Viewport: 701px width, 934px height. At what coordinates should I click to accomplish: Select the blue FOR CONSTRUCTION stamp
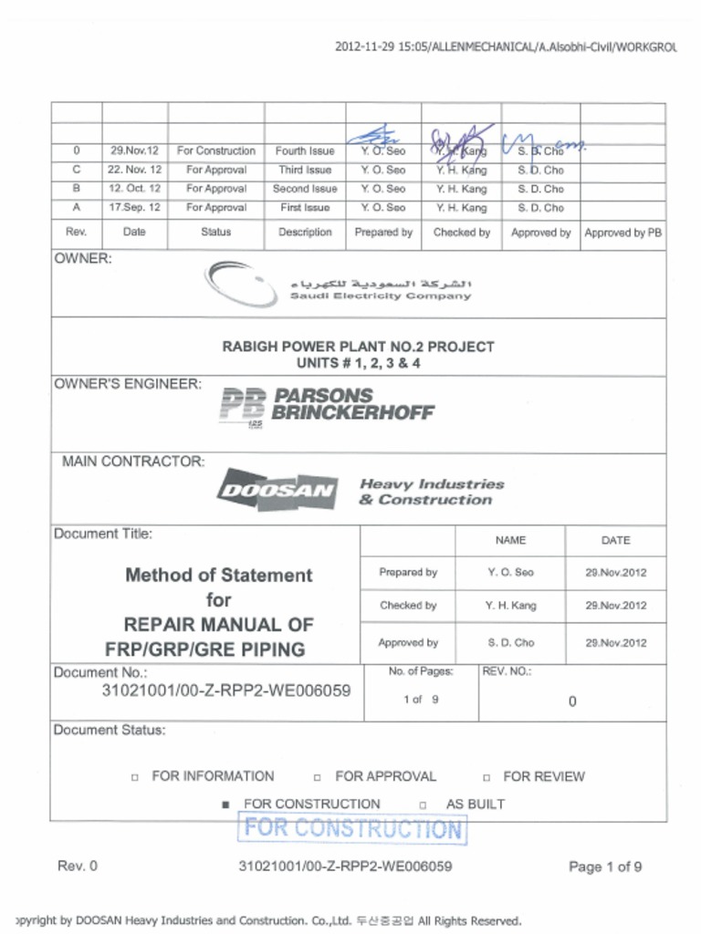353,829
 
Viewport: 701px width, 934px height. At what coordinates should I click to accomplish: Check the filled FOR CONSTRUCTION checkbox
225,805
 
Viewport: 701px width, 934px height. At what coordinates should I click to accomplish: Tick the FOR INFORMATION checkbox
134,777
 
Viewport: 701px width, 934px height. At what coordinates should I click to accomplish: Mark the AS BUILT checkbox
423,805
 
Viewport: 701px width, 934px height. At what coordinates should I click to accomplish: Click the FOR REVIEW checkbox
487,777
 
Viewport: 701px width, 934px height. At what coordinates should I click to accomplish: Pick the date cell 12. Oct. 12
134,189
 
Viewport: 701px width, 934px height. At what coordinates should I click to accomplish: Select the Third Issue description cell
305,170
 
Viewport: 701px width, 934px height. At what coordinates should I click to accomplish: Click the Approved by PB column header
623,233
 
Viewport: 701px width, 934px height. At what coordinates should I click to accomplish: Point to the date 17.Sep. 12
134,208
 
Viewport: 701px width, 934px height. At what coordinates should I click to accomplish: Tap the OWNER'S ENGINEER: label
128,384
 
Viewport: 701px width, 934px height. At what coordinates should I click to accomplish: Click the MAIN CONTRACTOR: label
133,462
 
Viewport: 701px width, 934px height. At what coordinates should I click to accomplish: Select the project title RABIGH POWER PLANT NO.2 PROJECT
358,347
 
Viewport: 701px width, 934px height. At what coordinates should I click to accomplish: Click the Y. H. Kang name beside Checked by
510,606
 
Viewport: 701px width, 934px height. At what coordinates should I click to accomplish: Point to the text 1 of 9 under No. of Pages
421,700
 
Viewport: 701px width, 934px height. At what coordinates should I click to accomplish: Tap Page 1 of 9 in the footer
604,867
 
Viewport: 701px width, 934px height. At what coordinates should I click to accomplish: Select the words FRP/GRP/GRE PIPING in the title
205,650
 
